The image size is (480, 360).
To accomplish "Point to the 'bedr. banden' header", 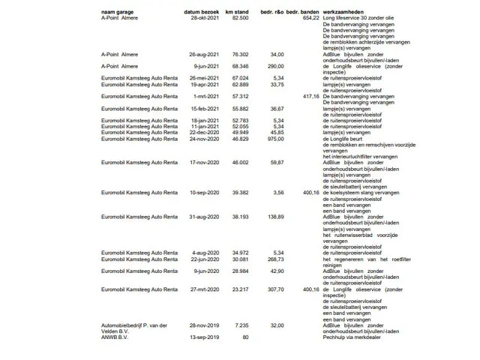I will (302, 13).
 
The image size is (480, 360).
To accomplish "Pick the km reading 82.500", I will (240, 18).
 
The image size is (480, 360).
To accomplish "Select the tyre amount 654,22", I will (311, 18).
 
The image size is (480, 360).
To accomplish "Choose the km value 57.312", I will (240, 97).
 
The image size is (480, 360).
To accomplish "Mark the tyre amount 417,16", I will (311, 97).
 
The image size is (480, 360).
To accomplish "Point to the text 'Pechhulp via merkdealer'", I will (352, 337).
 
